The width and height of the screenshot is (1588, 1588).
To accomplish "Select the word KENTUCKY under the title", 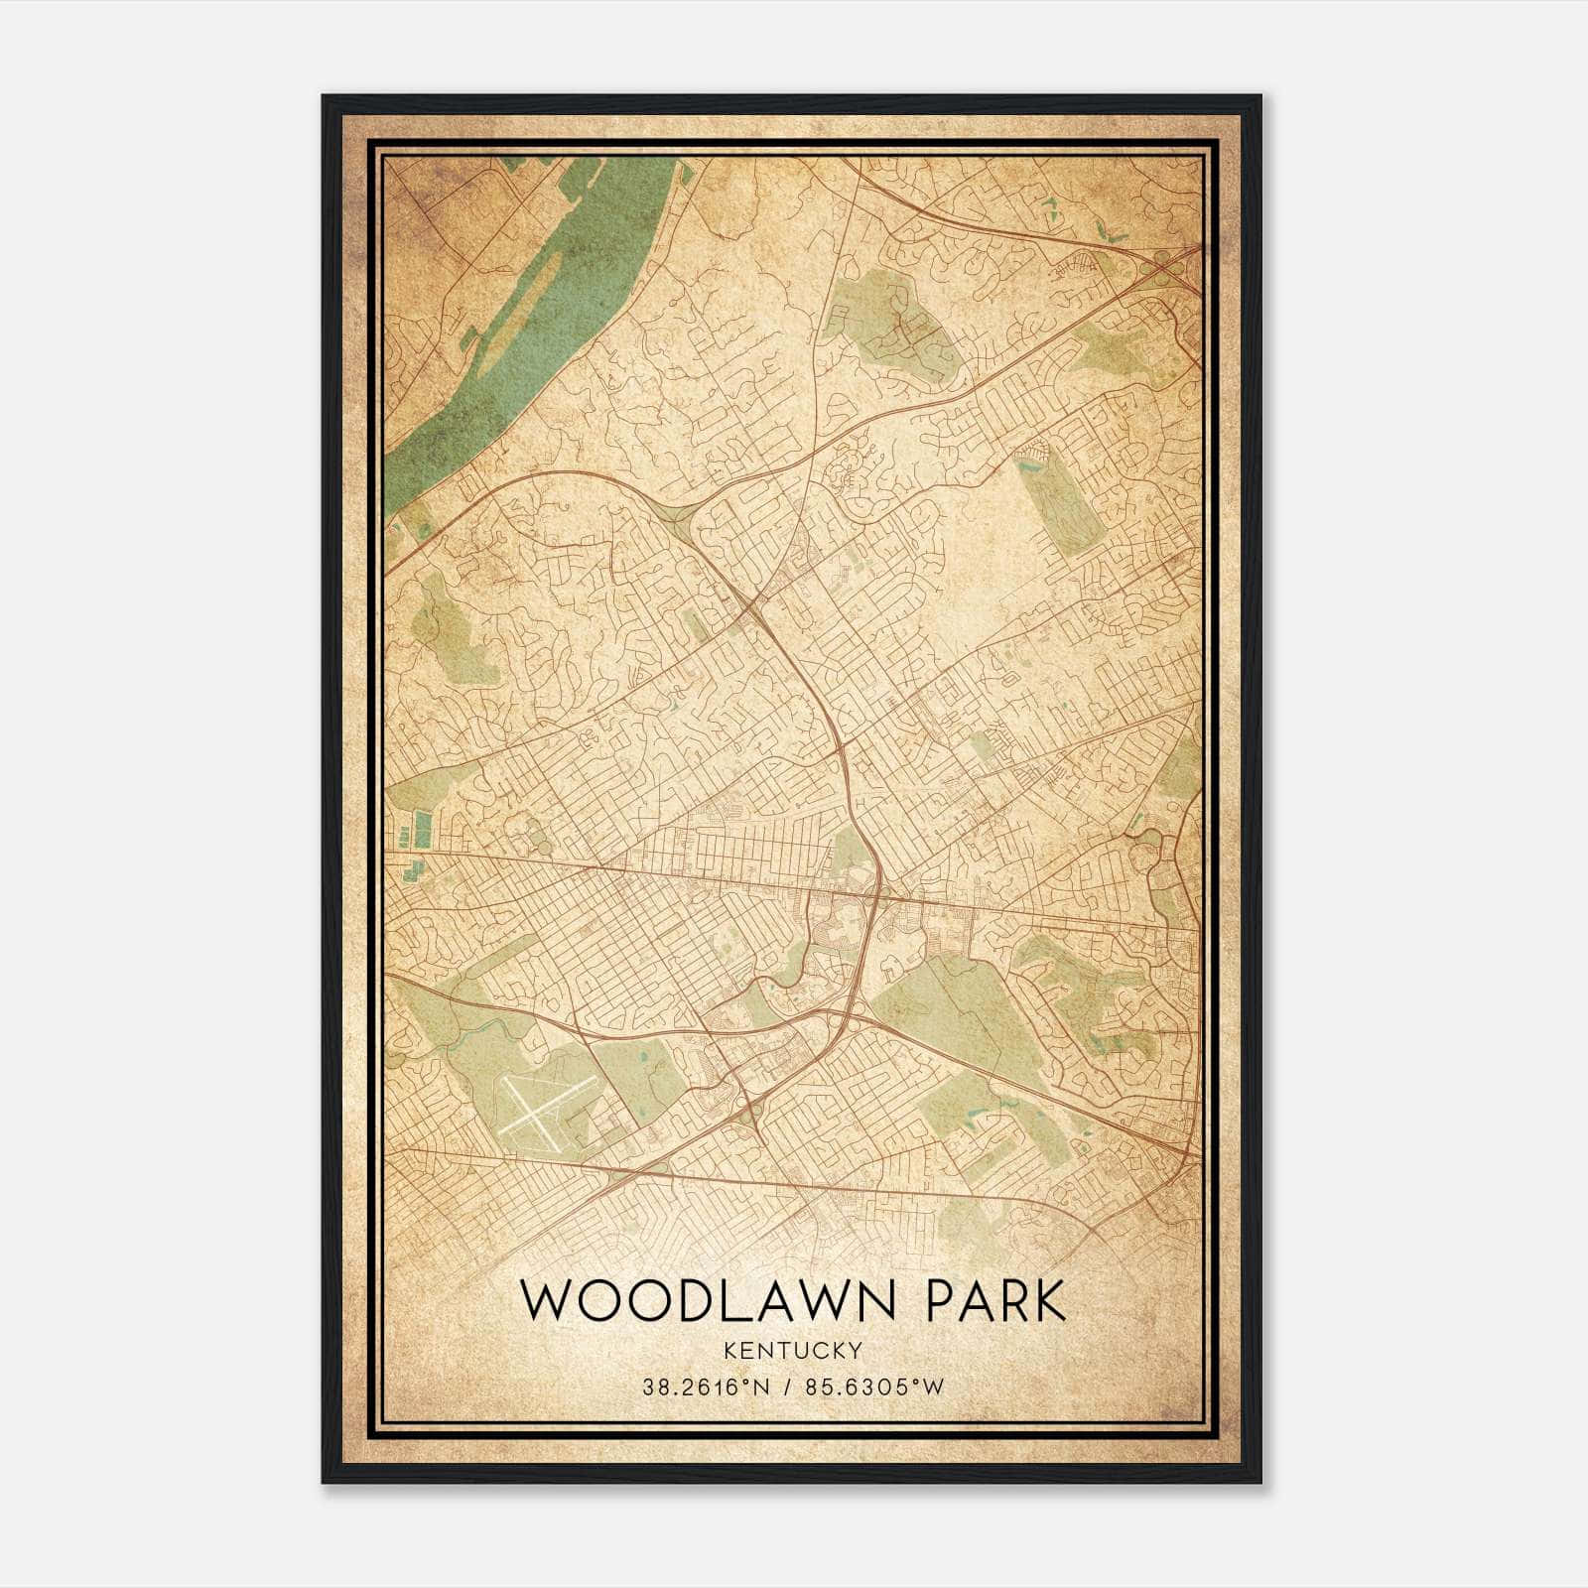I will coord(792,1350).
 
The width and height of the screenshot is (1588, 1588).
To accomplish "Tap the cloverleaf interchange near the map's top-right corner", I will coord(1161,262).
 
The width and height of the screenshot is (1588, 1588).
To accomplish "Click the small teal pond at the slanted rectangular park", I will coord(1032,453).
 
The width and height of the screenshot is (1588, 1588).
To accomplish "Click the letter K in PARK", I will coord(1050,1300).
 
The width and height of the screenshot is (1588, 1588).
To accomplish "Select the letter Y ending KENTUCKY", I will coord(855,1350).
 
